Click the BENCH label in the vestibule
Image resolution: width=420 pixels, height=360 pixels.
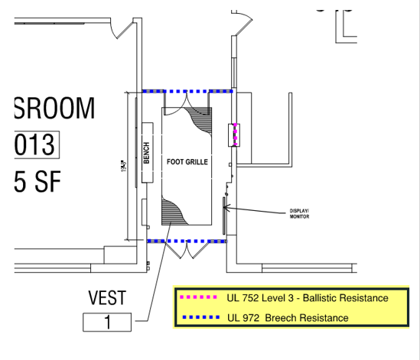click(x=146, y=152)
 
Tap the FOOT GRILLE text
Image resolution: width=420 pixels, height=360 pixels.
click(x=187, y=162)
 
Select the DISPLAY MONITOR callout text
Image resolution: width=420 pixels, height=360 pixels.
click(x=298, y=214)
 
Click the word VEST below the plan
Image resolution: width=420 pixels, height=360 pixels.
click(x=107, y=297)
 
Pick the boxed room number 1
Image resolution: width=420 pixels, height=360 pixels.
click(x=107, y=323)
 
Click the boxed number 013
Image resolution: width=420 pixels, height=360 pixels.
click(x=36, y=144)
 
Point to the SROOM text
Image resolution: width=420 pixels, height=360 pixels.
click(x=54, y=109)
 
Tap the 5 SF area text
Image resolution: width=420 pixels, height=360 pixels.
click(x=37, y=181)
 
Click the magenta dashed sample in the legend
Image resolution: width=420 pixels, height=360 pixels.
click(x=198, y=297)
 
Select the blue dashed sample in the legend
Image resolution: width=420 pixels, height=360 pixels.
click(x=198, y=316)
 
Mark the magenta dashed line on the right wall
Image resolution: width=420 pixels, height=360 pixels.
click(x=236, y=135)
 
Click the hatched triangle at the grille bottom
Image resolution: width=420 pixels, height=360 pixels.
click(x=172, y=211)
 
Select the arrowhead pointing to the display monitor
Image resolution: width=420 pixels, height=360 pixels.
click(x=226, y=207)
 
